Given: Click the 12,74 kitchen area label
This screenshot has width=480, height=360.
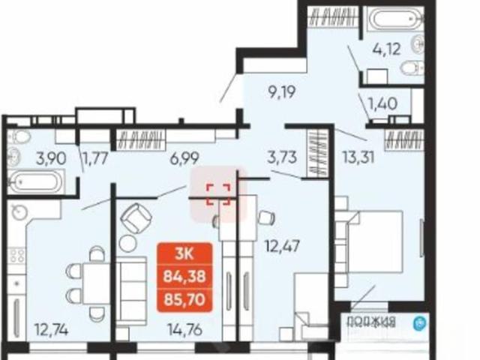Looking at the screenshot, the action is [x=52, y=330].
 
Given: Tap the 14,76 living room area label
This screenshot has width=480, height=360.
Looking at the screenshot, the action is [x=185, y=330].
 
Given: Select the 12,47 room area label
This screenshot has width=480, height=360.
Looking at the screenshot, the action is [x=282, y=246].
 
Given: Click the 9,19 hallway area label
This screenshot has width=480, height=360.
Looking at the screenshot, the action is [x=282, y=92].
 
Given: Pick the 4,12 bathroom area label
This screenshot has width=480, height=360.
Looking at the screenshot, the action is [x=386, y=49].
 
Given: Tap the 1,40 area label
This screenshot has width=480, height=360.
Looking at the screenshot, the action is [x=383, y=103].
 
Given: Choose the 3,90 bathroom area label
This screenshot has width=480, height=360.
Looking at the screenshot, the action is [x=51, y=158].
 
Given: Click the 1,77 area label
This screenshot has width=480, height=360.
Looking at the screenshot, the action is [x=96, y=158].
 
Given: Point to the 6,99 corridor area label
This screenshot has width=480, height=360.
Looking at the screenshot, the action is [x=185, y=158].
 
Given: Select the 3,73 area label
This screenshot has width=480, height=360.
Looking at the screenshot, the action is [x=282, y=157].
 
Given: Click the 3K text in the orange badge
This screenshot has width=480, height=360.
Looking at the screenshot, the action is [x=184, y=253].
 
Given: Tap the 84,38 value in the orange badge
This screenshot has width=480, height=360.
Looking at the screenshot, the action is [x=184, y=277].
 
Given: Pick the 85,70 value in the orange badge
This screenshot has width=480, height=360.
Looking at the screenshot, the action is [x=184, y=299].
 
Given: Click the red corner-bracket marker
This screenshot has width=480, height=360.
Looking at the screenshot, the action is [x=218, y=195].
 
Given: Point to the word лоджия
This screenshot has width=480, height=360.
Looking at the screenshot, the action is [x=372, y=322].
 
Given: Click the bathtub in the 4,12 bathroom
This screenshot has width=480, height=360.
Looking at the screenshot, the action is [x=395, y=18].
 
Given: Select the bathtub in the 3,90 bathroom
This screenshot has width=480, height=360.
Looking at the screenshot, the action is [x=35, y=181].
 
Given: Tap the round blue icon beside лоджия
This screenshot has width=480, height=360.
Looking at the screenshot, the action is [x=419, y=324].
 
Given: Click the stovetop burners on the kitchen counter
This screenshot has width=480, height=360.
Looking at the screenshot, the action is [x=17, y=256].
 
